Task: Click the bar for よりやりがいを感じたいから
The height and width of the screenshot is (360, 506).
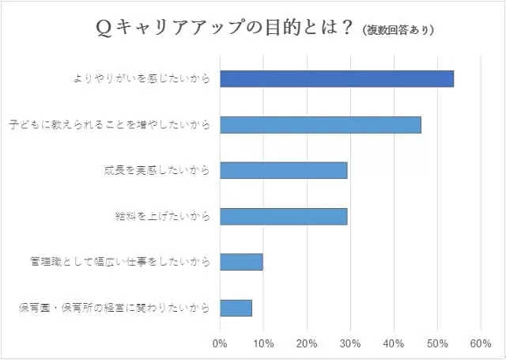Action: tap(336, 78)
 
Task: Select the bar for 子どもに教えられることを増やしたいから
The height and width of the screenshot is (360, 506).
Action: tap(320, 124)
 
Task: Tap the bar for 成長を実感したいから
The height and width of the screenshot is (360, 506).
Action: tap(283, 170)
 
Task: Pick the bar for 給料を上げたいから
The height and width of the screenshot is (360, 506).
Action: tap(283, 216)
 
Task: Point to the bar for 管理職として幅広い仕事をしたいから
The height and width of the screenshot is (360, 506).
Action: tap(241, 262)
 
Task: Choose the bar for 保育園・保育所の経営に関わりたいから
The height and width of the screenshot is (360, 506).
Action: tap(236, 308)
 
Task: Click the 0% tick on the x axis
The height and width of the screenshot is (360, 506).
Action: tap(220, 343)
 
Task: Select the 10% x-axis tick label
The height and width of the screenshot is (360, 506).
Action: tap(263, 343)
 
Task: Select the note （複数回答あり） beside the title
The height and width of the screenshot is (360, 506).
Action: tap(400, 31)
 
